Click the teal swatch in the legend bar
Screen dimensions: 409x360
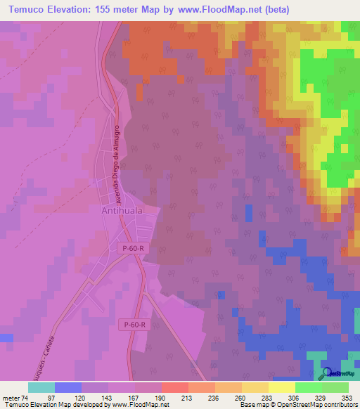[41, 387]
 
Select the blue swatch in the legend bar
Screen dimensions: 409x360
[68, 387]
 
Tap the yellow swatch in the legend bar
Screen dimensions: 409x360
[282, 387]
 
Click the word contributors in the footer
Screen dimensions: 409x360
[337, 404]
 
